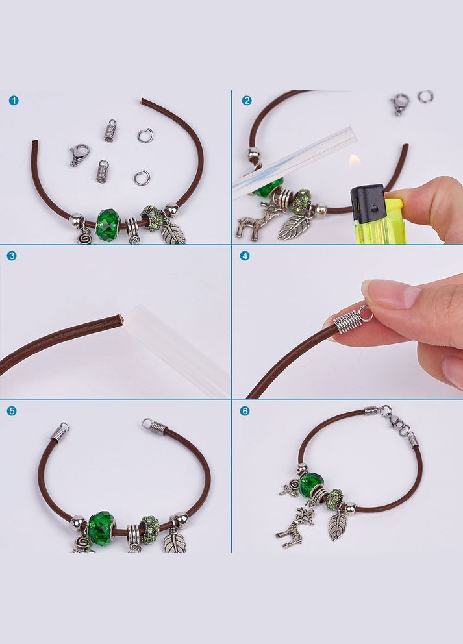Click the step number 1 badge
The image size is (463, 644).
coord(14,101)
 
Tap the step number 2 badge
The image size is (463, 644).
coord(247,101)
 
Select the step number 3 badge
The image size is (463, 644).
coord(12,256)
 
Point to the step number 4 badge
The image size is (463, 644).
coord(244,256)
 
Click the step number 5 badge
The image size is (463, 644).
coord(12,411)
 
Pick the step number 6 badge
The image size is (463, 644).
coord(244,411)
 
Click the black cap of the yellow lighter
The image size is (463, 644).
coord(367,201)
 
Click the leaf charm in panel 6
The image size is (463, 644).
coord(337,526)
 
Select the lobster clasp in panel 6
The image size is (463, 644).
coord(393,420)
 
